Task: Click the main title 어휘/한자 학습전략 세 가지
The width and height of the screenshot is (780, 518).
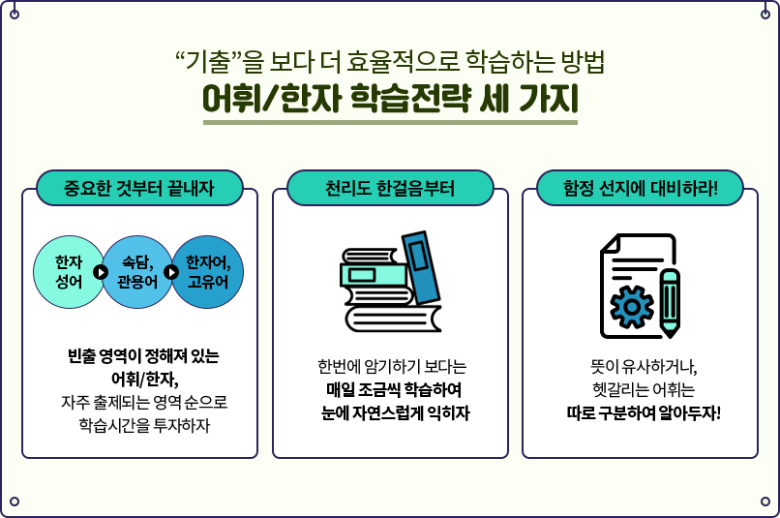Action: (389, 100)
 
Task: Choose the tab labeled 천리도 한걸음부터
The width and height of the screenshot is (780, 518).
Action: (390, 186)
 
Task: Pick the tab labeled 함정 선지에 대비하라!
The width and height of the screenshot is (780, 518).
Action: (640, 186)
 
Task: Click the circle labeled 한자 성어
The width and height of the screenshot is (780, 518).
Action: (68, 272)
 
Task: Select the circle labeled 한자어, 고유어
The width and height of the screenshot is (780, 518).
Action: (208, 272)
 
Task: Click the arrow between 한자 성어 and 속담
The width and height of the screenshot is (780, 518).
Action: (101, 272)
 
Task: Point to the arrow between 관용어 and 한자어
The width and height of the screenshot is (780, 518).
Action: (171, 272)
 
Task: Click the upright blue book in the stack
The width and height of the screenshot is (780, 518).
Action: (421, 266)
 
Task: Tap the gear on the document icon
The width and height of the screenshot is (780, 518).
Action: (632, 305)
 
